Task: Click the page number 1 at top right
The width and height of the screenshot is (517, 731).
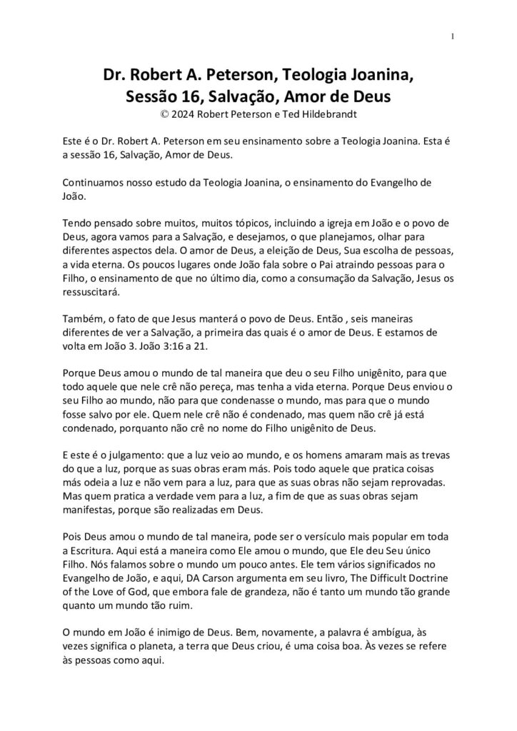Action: pyautogui.click(x=453, y=37)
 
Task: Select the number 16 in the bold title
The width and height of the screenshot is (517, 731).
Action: pyautogui.click(x=189, y=95)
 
